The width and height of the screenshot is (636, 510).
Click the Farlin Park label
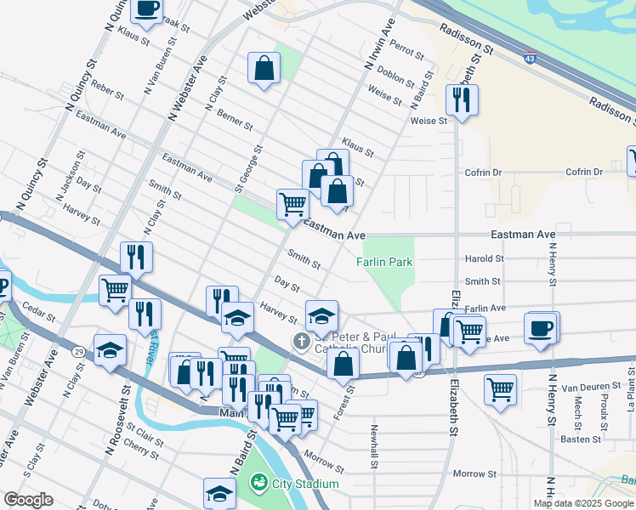(x=384, y=262)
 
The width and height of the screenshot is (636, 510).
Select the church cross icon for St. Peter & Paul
(x=300, y=341)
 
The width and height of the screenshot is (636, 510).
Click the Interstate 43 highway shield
(x=530, y=59)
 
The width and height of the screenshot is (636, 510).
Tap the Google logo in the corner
(x=28, y=500)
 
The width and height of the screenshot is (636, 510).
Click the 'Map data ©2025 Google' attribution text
(x=583, y=503)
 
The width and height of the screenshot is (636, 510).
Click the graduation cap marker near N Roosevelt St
(x=111, y=350)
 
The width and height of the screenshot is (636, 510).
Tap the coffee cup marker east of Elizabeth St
(x=540, y=327)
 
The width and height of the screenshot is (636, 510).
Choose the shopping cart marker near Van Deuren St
(x=501, y=389)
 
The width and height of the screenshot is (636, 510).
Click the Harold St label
(x=484, y=258)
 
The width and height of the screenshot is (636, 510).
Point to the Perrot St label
(x=406, y=53)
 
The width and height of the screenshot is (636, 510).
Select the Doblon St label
(x=395, y=74)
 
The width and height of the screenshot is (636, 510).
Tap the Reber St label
(x=107, y=90)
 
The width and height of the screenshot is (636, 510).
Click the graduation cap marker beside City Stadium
(x=219, y=493)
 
